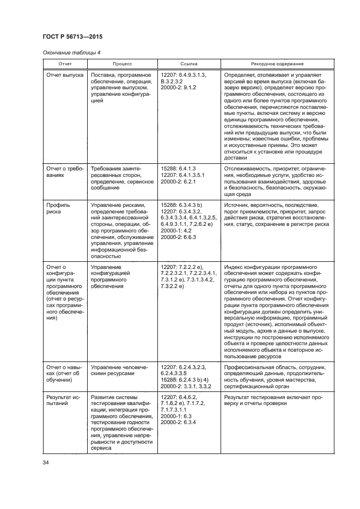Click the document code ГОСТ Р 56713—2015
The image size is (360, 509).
coord(72,37)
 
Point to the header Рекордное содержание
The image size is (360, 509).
coord(277,64)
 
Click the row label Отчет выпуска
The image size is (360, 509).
coord(65,75)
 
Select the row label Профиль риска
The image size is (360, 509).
coord(58,207)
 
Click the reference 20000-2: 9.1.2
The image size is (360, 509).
coord(179,88)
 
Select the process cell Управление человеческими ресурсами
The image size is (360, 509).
coord(119,372)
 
